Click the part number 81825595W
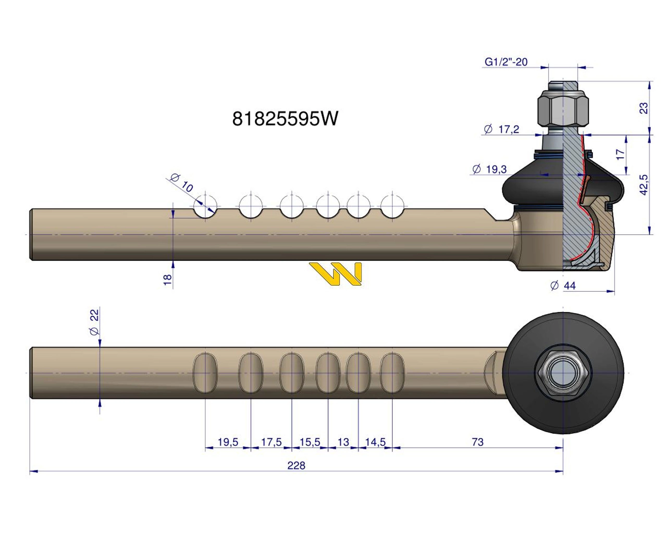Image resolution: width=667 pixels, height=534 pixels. click(x=285, y=119)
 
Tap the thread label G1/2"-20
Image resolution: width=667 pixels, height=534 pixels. click(x=506, y=62)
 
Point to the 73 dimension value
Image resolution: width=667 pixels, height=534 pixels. click(x=477, y=442)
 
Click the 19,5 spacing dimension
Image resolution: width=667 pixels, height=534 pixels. click(x=228, y=442)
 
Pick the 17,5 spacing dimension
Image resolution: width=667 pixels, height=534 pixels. click(x=271, y=442)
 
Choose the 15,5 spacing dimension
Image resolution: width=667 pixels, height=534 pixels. click(x=310, y=442)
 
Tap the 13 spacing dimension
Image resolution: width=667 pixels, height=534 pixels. click(x=343, y=442)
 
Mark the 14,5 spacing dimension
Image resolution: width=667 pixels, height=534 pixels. click(x=375, y=442)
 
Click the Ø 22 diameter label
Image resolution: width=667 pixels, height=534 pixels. click(x=94, y=322)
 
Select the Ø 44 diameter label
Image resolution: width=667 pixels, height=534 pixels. click(x=563, y=286)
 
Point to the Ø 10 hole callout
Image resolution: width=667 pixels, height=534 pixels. click(x=182, y=182)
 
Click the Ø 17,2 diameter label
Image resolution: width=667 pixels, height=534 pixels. click(x=501, y=129)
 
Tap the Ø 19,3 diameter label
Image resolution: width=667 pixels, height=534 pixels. click(x=490, y=169)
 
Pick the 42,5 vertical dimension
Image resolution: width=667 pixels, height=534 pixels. click(x=644, y=185)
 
